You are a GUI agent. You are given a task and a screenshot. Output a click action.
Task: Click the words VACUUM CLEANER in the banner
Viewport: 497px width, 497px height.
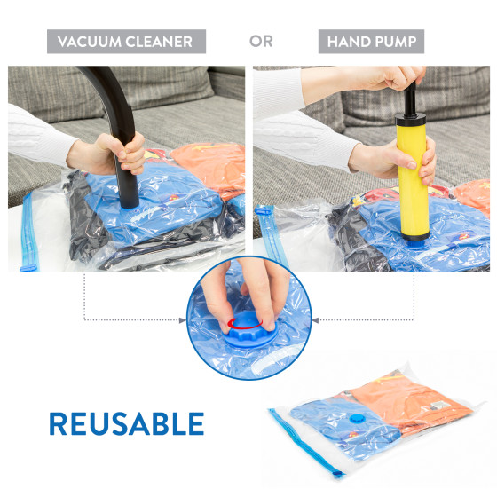(125, 42)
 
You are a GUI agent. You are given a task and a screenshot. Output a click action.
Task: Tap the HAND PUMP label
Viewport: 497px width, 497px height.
(372, 42)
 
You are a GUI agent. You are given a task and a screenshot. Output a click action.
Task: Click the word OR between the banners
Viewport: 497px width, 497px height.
(261, 41)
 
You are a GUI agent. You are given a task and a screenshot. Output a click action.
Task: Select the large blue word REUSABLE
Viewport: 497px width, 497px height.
(126, 423)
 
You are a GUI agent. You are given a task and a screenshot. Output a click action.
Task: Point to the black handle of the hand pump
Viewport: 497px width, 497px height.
(410, 101)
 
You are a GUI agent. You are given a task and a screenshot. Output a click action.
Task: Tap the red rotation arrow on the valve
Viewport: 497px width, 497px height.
(245, 324)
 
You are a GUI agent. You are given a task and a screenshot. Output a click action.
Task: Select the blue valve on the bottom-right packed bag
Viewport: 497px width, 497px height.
(358, 418)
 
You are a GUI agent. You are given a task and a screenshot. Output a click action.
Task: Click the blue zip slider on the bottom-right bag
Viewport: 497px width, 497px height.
(338, 474)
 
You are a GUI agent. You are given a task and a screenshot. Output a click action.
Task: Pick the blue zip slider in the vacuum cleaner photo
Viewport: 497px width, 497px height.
(28, 269)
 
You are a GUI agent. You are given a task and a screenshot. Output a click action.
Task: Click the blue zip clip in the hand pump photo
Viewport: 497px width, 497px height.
(264, 209)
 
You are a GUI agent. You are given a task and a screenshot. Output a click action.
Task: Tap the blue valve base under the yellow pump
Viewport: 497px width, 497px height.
(416, 244)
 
